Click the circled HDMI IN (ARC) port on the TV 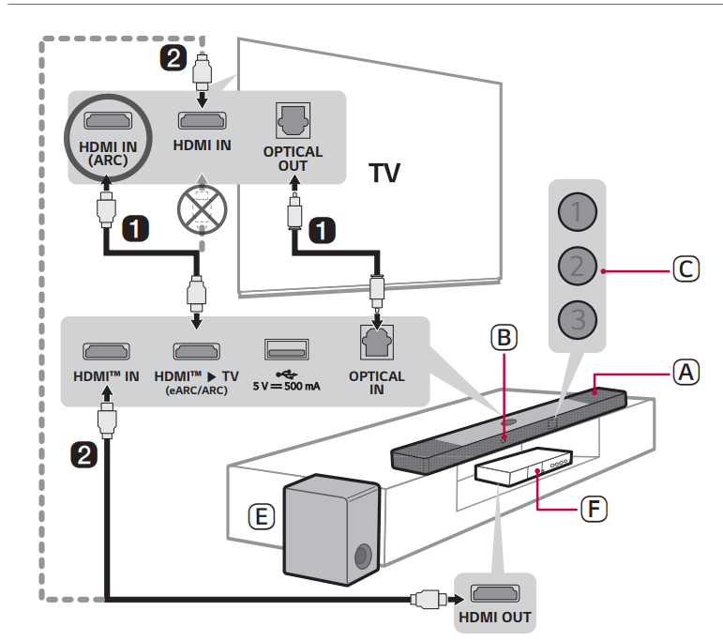(x=107, y=120)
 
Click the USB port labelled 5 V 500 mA (x=286, y=351)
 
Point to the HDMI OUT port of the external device (x=494, y=593)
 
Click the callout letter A (x=686, y=372)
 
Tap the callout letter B (x=504, y=336)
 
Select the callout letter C (x=686, y=269)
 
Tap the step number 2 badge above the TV (x=173, y=58)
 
